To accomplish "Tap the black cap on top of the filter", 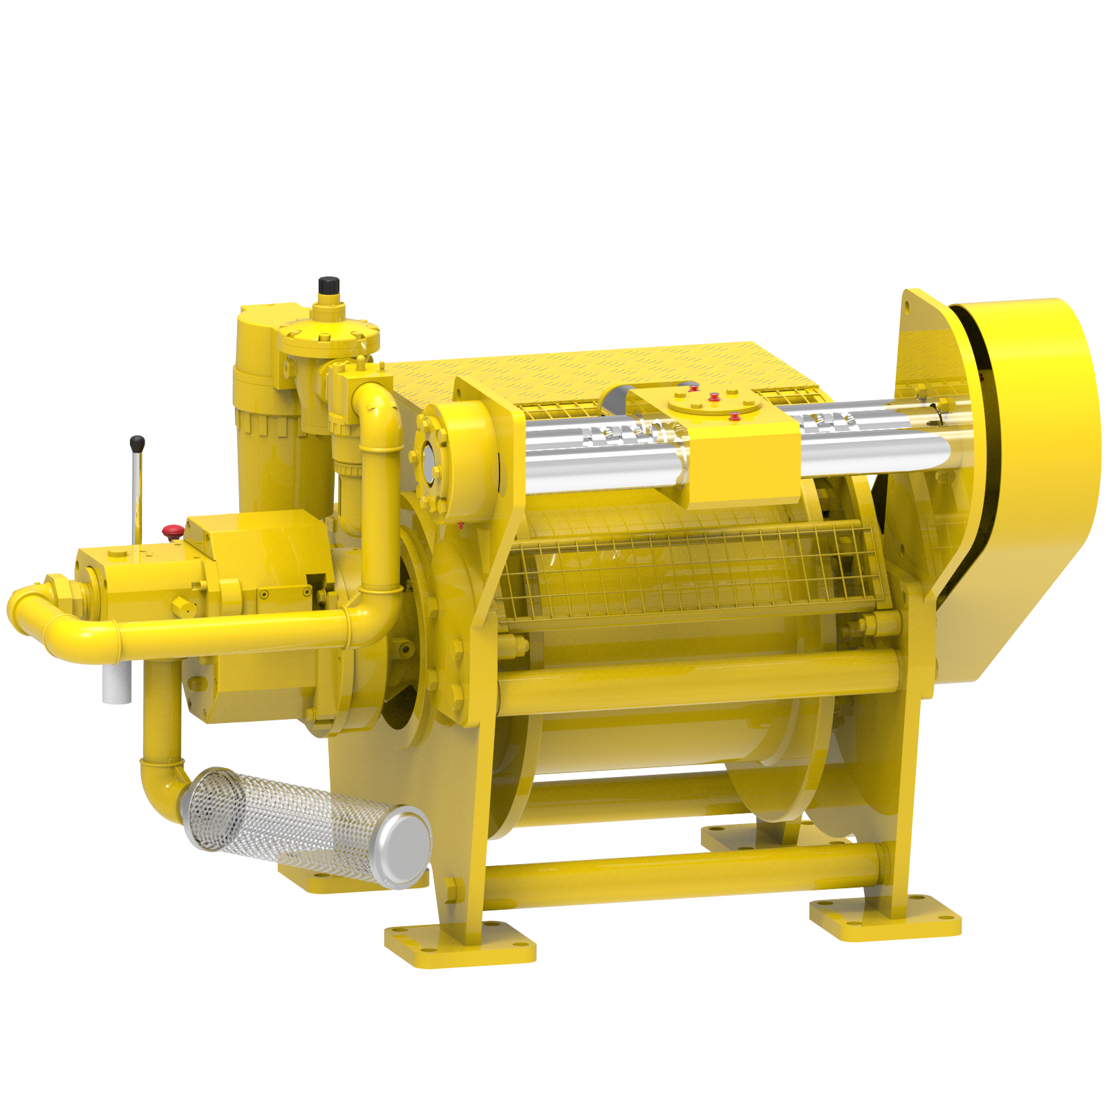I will (x=328, y=284).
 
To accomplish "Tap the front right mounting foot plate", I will (x=885, y=919).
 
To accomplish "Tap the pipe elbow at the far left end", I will (x=28, y=608).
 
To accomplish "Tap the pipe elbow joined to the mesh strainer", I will (x=163, y=788).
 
